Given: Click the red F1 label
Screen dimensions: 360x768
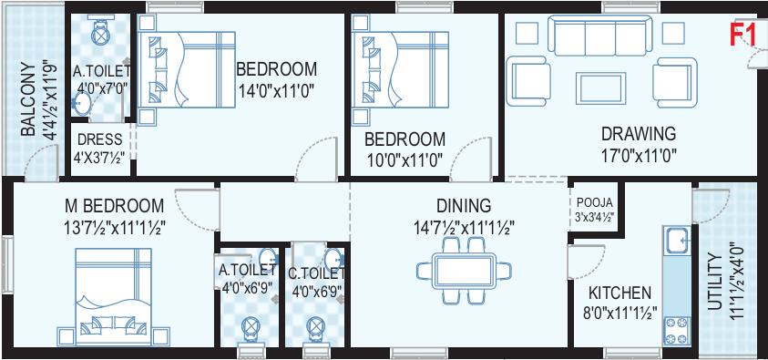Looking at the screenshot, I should [744, 36].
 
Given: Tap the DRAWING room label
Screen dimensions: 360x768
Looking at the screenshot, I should [638, 133].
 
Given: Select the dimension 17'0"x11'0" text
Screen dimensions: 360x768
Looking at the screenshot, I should [638, 157].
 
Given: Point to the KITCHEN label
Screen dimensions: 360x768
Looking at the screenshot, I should [620, 293].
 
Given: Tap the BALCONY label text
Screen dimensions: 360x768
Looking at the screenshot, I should [28, 100].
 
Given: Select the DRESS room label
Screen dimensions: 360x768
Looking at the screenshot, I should [100, 139].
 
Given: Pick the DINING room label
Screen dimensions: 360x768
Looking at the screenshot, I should [464, 206].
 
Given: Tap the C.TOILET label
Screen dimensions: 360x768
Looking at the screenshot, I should [316, 272].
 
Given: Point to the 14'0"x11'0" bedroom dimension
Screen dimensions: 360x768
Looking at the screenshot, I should [276, 91].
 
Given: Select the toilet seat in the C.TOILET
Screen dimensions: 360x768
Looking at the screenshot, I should [316, 326].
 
